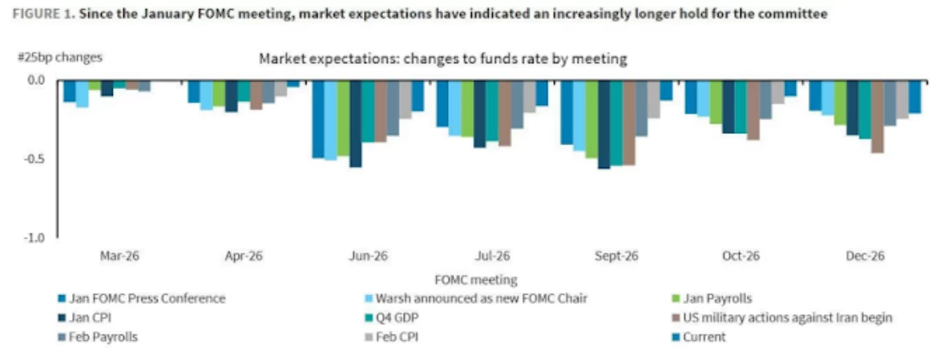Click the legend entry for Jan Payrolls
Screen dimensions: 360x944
(717, 299)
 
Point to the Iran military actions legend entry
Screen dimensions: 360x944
(787, 318)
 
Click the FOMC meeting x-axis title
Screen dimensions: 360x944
(475, 280)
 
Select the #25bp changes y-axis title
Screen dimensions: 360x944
(59, 57)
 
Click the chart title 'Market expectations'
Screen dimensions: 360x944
(442, 59)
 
